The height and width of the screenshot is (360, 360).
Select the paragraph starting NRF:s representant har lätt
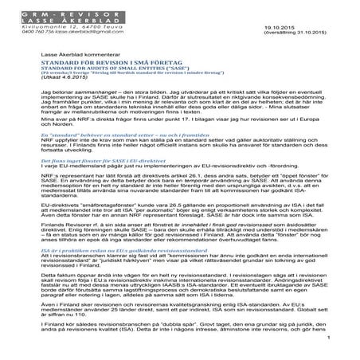175,208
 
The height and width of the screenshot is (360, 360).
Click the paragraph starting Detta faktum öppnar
175,313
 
